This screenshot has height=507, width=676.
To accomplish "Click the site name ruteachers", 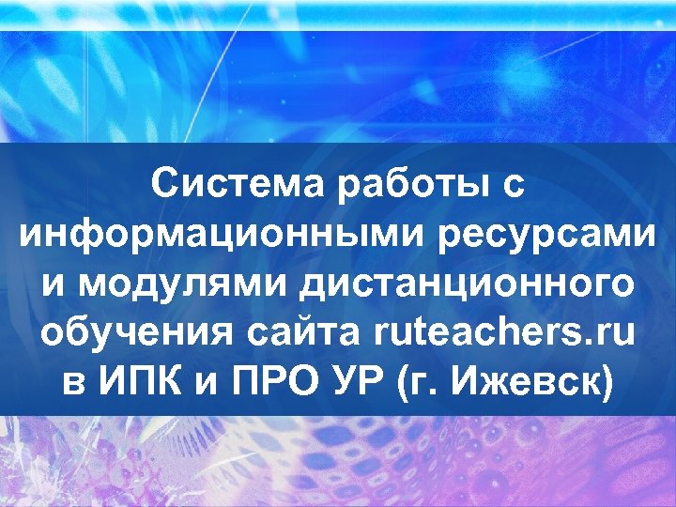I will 476,334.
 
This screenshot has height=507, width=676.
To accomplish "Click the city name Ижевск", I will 531,384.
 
